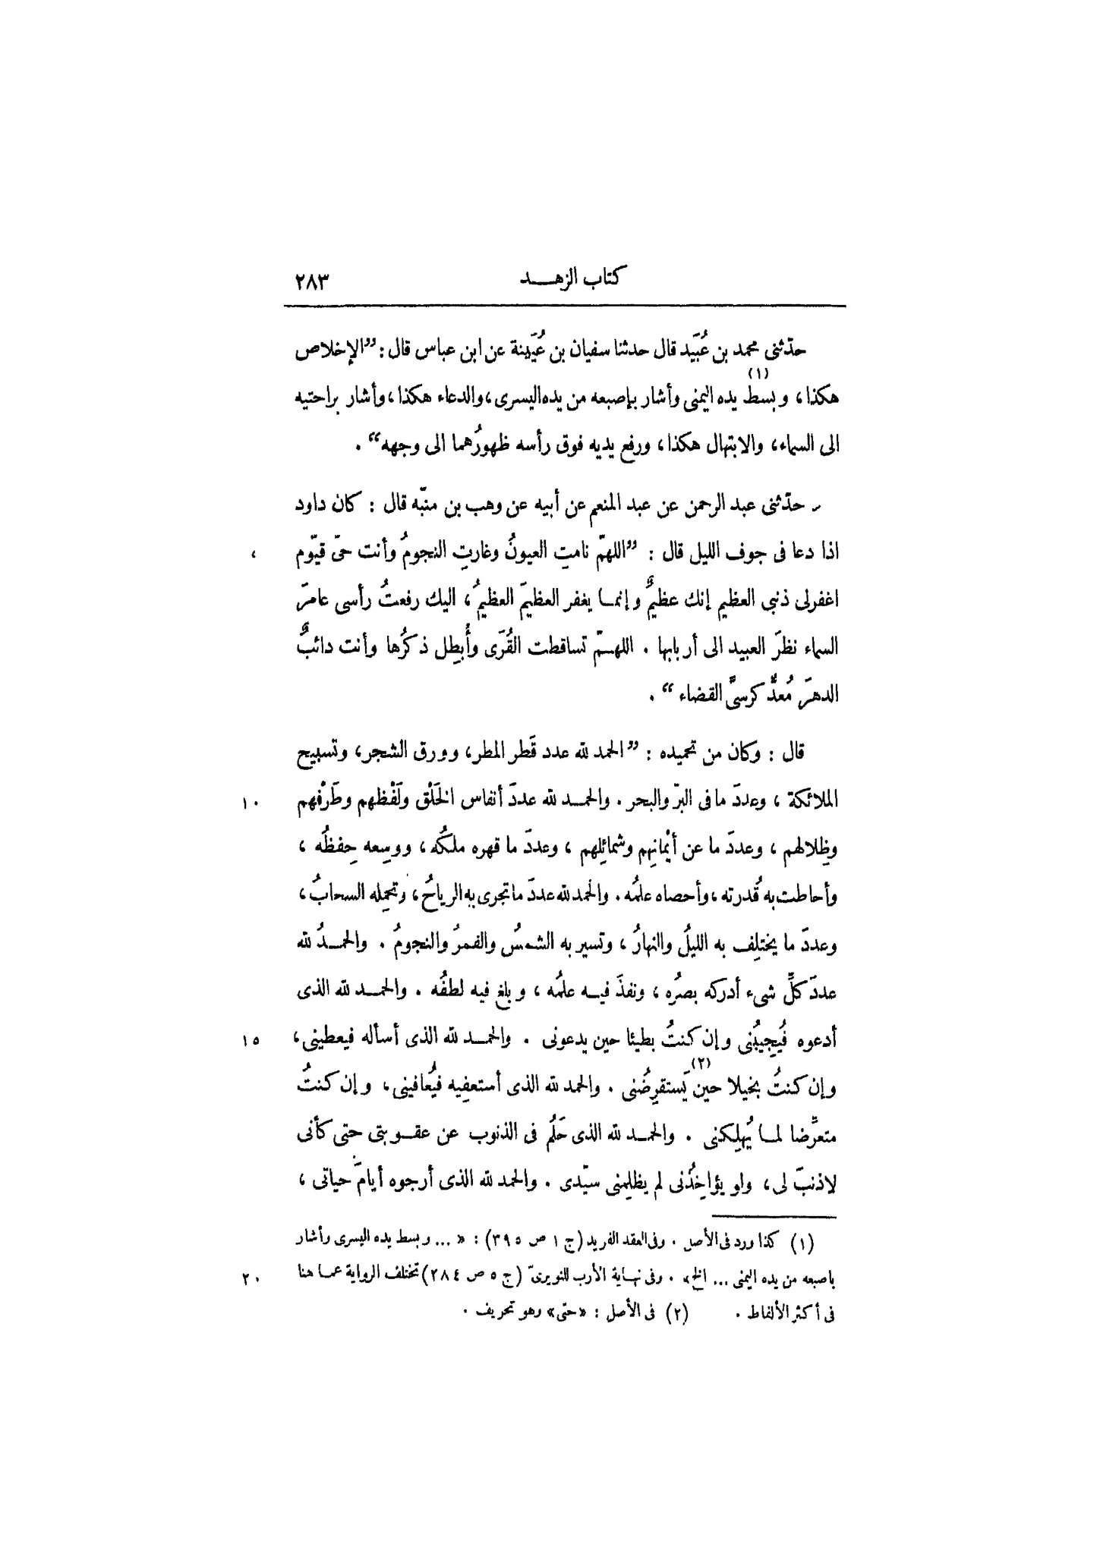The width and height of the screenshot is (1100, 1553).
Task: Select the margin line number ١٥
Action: pyautogui.click(x=251, y=1041)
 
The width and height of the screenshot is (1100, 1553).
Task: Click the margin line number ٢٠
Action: pyautogui.click(x=251, y=1278)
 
